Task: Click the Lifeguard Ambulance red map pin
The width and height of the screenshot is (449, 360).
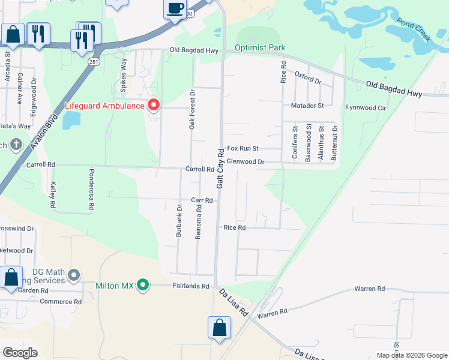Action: pos(154,106)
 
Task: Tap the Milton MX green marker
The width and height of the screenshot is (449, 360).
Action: pos(142,285)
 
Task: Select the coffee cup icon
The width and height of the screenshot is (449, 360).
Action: pos(175,9)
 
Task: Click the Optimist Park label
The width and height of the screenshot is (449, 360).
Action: pos(260,47)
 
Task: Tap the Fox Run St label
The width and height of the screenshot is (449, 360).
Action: pos(243,148)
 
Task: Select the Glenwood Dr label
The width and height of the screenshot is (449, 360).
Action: pos(245,162)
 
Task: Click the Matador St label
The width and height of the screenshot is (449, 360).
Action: pos(307,105)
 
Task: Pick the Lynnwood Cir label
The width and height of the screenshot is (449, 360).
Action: pos(366,108)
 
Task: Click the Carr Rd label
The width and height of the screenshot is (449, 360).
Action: pos(202,200)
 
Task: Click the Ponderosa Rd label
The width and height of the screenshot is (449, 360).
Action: pos(92,189)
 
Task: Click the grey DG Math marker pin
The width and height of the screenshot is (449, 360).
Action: pos(74,275)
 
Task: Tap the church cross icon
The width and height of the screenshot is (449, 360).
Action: pos(16,145)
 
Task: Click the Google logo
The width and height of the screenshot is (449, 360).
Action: pos(20,352)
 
